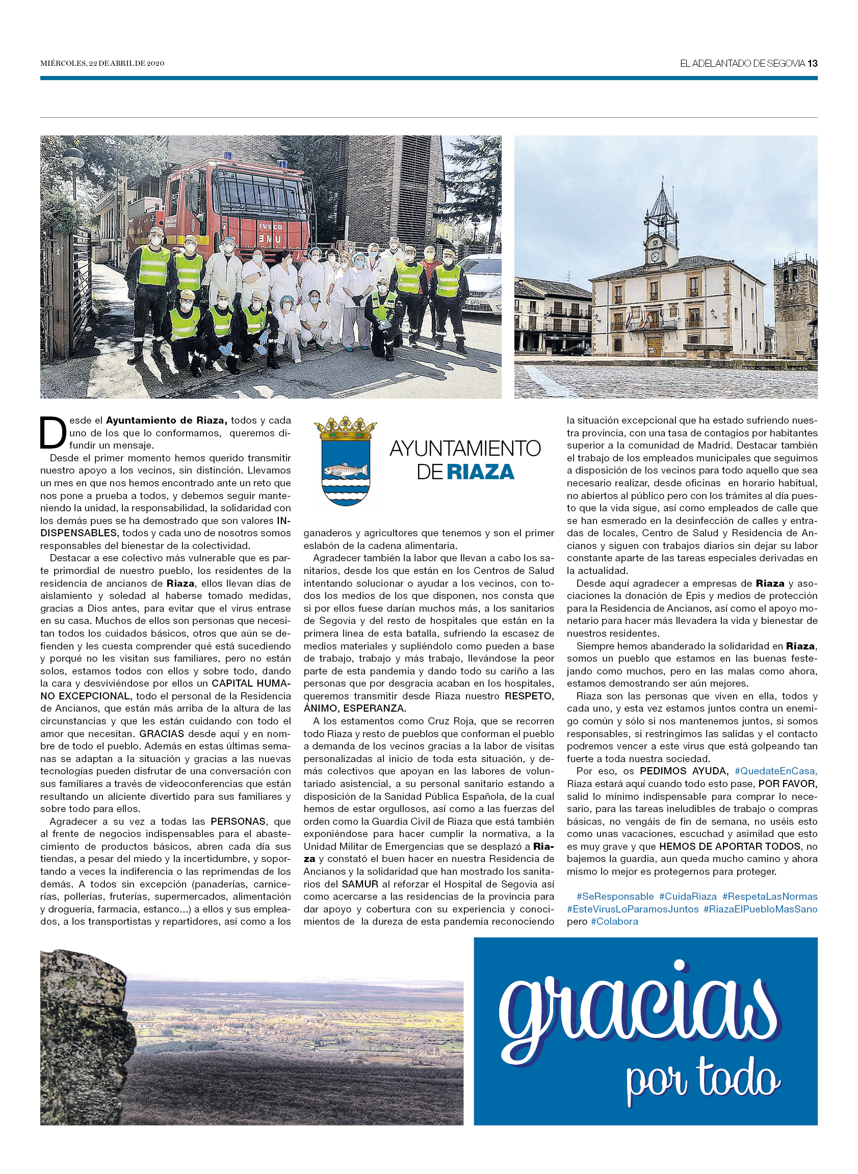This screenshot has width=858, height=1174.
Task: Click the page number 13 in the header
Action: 812,63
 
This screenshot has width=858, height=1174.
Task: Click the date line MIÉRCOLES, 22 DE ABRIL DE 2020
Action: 102,63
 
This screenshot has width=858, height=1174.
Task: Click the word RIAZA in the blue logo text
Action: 480,472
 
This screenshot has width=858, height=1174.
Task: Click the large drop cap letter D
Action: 53,432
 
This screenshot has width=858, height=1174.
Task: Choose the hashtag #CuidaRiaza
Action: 688,896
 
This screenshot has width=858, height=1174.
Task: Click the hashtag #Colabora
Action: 614,922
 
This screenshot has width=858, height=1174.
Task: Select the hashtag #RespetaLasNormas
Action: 770,896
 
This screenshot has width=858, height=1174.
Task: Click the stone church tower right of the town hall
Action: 795,306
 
